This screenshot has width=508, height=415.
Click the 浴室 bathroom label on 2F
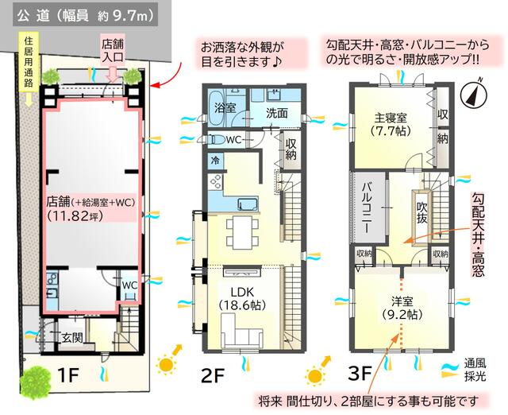coord(225,107)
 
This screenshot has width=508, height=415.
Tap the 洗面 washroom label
coord(277,113)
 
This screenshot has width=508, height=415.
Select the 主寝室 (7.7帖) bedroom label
coord(391,124)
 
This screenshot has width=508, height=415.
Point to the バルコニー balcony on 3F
coord(367,207)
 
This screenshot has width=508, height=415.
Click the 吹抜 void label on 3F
coord(421,212)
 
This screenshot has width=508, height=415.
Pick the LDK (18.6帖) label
coord(242,298)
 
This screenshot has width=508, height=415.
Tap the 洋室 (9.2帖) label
coord(402,308)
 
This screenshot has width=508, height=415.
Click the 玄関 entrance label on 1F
coord(72,338)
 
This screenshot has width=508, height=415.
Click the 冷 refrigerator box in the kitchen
coord(215,161)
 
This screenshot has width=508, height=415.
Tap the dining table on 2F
coord(243,233)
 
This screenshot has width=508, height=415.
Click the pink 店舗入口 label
coord(113,50)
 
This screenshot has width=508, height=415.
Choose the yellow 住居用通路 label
coord(29,61)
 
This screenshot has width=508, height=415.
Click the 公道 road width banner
coord(86,15)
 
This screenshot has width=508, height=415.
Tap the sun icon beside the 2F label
coord(166,365)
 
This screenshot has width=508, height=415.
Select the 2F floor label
coord(212,376)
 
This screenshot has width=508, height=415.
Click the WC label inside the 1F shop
coord(129,285)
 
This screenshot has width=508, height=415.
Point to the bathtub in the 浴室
coord(216,107)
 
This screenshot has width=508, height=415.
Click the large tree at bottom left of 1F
coord(35,383)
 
